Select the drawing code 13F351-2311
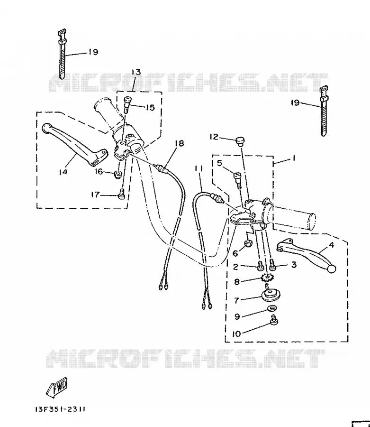coord(60,409)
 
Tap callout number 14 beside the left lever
coord(63,172)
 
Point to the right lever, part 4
coord(307,255)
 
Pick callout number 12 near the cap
coord(214,137)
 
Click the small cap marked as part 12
coord(240,141)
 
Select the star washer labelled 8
coord(267,278)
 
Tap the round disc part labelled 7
coord(270,296)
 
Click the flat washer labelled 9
coord(271,308)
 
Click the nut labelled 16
coord(117,174)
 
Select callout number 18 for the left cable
coord(179,143)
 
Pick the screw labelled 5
coord(238,180)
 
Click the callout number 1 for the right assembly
coord(293,158)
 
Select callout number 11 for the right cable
coord(199,168)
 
